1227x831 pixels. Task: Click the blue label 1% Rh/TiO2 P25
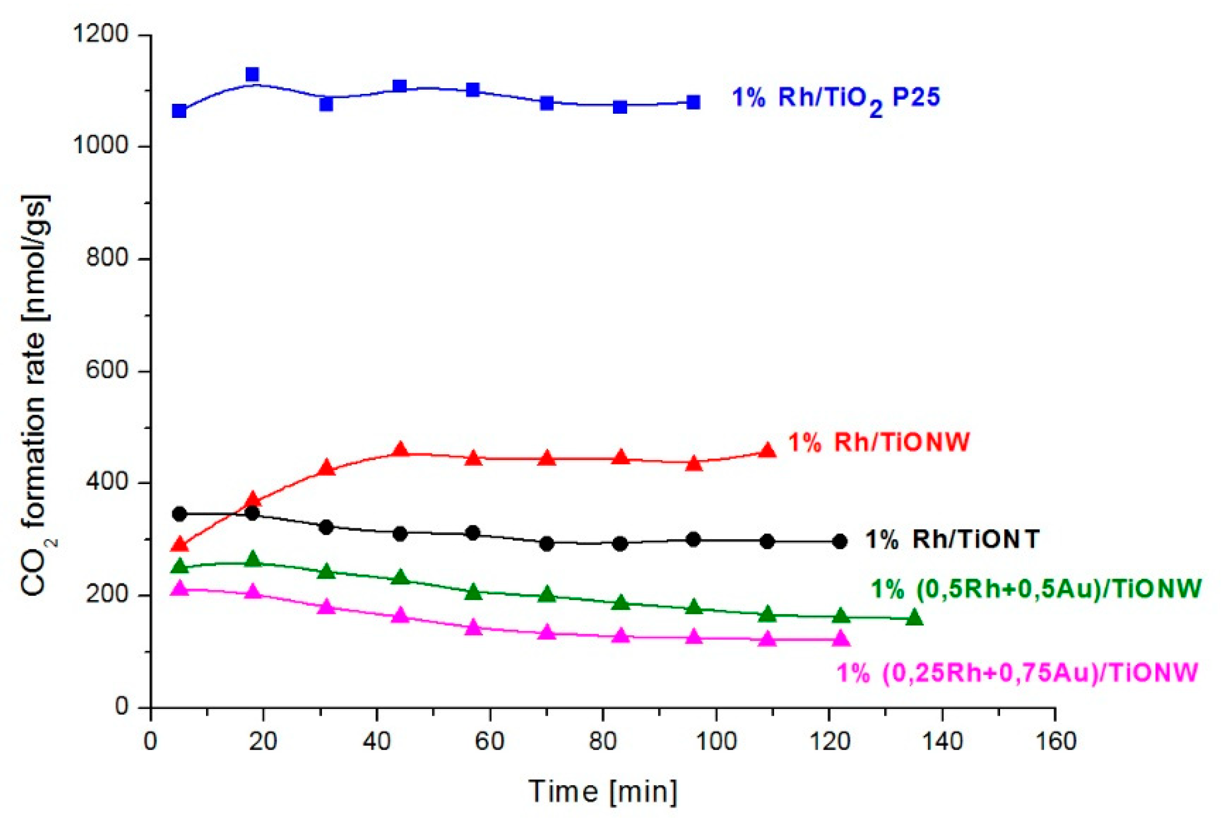[835, 99]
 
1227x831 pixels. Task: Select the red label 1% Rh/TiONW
[879, 442]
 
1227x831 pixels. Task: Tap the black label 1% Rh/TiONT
[952, 539]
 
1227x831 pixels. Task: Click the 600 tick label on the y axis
[107, 370]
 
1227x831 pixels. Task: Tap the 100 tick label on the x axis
[715, 742]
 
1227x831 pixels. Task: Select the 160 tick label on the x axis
[1055, 742]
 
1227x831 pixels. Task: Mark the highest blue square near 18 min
[252, 74]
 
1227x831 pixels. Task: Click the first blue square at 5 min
[179, 111]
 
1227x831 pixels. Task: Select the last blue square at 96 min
[693, 102]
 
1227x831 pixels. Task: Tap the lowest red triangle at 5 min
[179, 544]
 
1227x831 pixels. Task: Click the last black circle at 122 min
[840, 541]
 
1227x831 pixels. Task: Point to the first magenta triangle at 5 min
[180, 588]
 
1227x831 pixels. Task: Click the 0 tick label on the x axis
[150, 742]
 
